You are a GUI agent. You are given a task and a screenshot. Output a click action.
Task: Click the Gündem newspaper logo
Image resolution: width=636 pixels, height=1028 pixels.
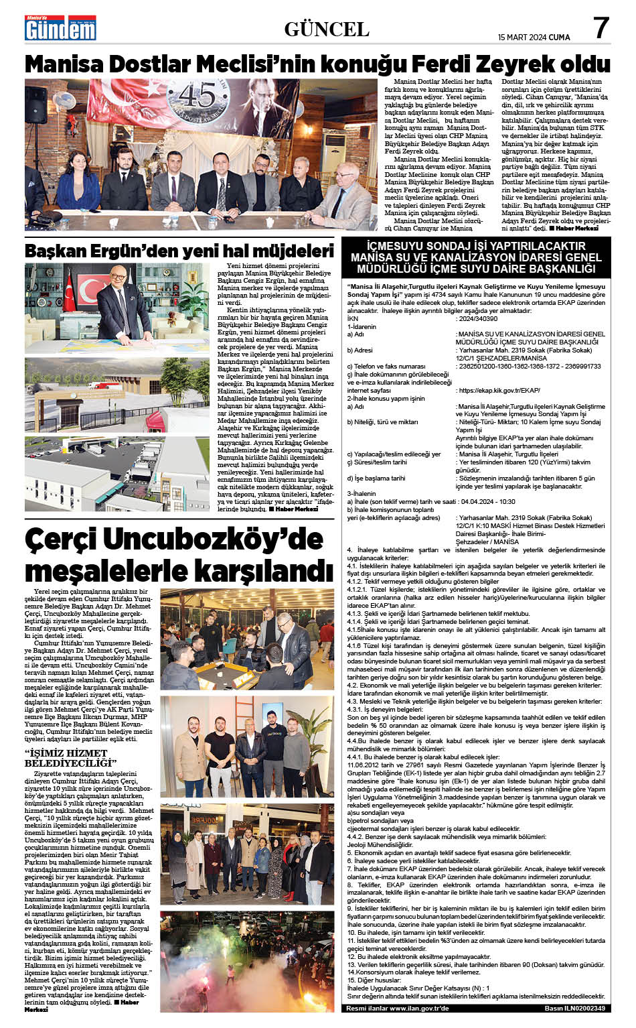(x=60, y=29)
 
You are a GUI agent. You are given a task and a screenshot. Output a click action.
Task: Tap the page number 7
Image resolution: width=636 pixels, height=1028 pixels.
(x=601, y=28)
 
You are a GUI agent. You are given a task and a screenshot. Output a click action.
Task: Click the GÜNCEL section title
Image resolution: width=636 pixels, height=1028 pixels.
(x=327, y=29)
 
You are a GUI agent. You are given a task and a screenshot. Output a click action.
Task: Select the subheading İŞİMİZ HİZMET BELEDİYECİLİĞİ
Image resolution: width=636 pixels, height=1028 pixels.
(x=70, y=759)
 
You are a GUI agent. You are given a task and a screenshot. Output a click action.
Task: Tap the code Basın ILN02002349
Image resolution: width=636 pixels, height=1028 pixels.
(x=574, y=1008)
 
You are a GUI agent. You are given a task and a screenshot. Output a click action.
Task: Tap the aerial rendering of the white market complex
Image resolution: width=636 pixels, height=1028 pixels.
(x=116, y=473)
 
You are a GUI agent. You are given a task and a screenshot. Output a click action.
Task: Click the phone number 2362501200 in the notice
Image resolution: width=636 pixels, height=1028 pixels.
(x=478, y=367)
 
